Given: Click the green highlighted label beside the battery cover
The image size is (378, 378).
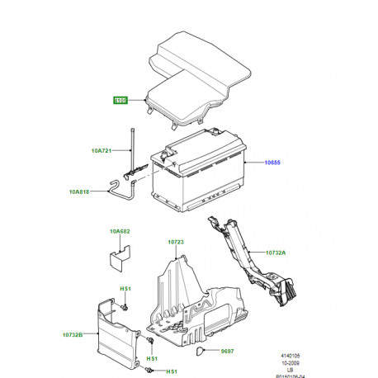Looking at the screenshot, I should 121,102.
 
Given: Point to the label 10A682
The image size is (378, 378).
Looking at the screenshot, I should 120,234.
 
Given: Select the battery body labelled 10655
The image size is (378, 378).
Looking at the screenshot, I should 198,177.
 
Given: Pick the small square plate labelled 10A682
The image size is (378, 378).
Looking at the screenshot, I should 120,254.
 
